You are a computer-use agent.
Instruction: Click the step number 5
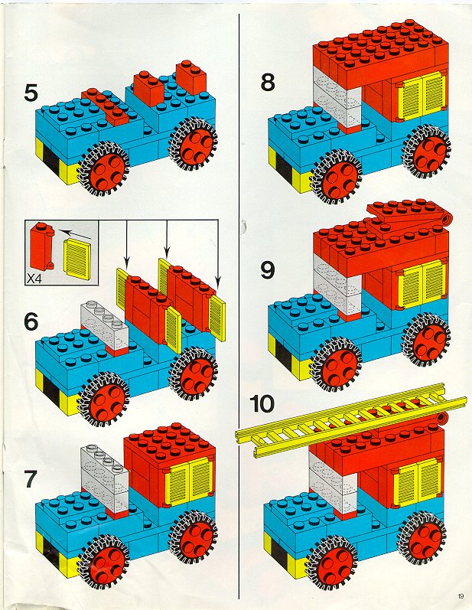pos(31,93)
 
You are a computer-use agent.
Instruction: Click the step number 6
pos(31,321)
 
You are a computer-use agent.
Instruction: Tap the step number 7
pos(31,479)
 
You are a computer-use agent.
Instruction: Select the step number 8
pos(268,83)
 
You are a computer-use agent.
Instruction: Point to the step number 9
pos(268,270)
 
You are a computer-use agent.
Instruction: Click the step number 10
pos(262,404)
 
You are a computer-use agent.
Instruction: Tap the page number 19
pos(461,595)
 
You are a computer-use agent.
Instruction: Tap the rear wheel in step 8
pos(428,148)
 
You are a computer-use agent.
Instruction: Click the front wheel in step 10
pos(333,559)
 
